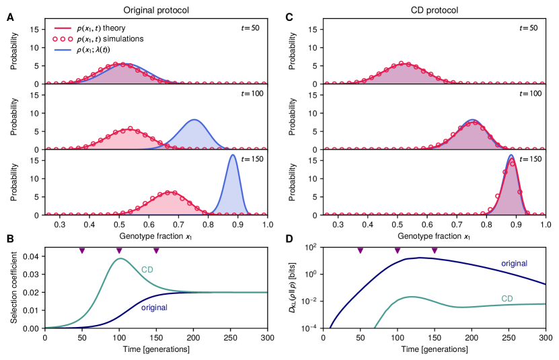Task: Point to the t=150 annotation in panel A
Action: point(253,159)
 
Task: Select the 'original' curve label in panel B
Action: point(156,307)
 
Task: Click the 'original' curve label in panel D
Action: point(515,263)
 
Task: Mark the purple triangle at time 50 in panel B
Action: point(82,251)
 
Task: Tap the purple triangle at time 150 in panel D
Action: point(435,251)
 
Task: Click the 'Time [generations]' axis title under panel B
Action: point(155,349)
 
